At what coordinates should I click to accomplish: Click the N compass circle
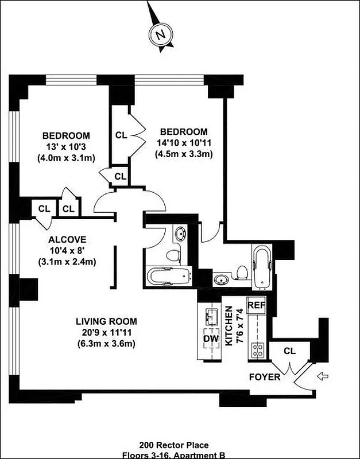point(160,34)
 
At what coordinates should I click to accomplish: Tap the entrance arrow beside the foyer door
point(323,376)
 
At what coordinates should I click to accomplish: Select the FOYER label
point(265,377)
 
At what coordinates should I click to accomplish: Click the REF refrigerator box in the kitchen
point(256,305)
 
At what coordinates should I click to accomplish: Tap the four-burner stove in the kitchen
point(256,351)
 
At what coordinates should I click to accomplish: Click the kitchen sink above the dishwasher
point(210,315)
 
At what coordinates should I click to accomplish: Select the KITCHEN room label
point(229,326)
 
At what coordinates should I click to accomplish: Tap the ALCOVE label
point(67,239)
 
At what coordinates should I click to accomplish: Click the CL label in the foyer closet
point(289,351)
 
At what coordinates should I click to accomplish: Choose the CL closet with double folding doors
point(121,135)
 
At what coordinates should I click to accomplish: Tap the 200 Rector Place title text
point(181,445)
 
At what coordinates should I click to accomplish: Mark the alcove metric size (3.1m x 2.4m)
point(67,262)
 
